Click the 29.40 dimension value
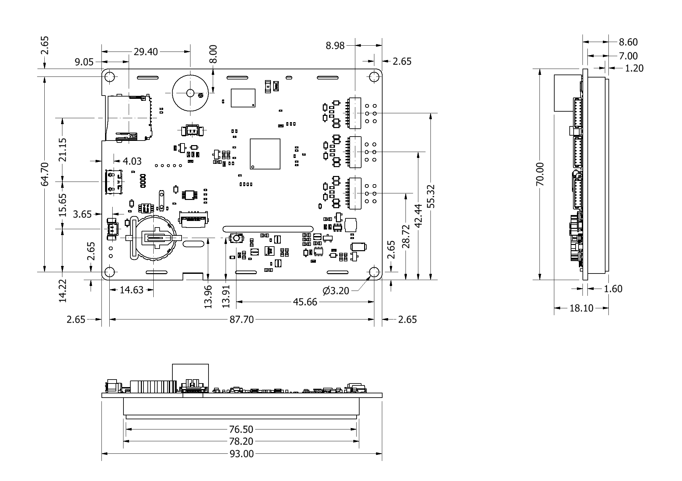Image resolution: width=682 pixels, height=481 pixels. pyautogui.click(x=145, y=52)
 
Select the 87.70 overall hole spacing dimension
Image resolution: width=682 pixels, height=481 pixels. pyautogui.click(x=242, y=319)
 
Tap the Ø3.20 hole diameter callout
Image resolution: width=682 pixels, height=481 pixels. pyautogui.click(x=336, y=291)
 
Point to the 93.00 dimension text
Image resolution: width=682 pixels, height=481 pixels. pyautogui.click(x=242, y=454)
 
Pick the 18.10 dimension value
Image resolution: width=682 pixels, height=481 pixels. pyautogui.click(x=582, y=308)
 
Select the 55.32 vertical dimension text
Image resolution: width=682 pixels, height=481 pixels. pyautogui.click(x=432, y=196)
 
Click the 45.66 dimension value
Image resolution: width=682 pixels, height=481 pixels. pyautogui.click(x=305, y=302)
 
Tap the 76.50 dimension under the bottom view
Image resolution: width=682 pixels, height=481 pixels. pyautogui.click(x=241, y=429)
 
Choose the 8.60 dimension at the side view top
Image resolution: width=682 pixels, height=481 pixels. pyautogui.click(x=628, y=42)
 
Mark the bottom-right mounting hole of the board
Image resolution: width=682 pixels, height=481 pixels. pyautogui.click(x=374, y=272)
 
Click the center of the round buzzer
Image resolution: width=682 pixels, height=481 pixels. pyautogui.click(x=190, y=93)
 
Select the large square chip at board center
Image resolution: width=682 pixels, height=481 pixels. pyautogui.click(x=265, y=154)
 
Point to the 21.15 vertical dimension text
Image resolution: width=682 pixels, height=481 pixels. pyautogui.click(x=63, y=150)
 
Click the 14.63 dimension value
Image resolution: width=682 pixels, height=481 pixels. pyautogui.click(x=131, y=290)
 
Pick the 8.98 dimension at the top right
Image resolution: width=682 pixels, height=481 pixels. pyautogui.click(x=335, y=46)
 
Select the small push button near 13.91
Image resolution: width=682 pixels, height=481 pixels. pyautogui.click(x=236, y=238)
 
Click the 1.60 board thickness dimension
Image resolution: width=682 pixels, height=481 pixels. pyautogui.click(x=613, y=289)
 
